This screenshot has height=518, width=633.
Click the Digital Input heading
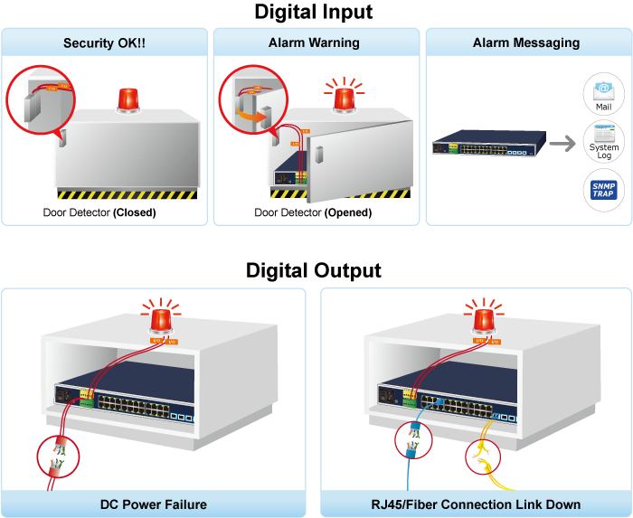point(314,13)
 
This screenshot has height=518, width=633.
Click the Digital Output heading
point(314,270)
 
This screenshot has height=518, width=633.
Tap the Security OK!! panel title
point(104,42)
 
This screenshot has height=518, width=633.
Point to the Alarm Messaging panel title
point(526,42)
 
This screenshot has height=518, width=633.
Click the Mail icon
point(603,94)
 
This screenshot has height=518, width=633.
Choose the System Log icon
point(603,144)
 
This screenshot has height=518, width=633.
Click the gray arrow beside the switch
point(562,144)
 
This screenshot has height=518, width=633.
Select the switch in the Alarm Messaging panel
point(489,144)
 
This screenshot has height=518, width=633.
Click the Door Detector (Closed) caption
point(99,213)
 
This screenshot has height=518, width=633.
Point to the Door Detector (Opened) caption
point(313,213)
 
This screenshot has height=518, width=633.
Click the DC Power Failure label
point(154,504)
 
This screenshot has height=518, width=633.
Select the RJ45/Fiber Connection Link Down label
point(476,504)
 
